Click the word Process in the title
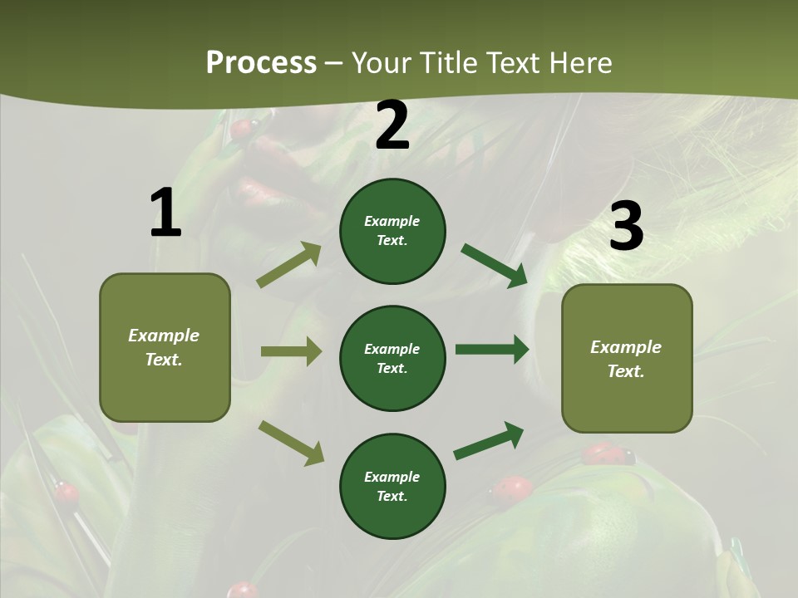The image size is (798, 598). [x=261, y=62]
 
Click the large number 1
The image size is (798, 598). [x=165, y=213]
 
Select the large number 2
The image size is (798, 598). [x=392, y=126]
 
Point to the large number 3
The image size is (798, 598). [x=626, y=227]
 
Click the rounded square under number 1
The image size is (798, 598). [x=165, y=347]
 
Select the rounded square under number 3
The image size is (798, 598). [x=627, y=359]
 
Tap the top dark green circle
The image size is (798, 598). [x=392, y=231]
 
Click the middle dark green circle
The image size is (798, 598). [x=392, y=359]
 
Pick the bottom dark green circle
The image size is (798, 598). [x=392, y=487]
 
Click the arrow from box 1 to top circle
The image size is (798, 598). [x=289, y=265]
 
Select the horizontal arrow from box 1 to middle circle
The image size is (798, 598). [x=291, y=351]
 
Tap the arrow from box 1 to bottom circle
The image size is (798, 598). [x=291, y=443]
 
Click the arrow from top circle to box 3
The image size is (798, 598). [x=495, y=266]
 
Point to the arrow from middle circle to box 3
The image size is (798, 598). [x=492, y=349]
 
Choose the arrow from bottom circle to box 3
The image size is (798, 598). [x=489, y=440]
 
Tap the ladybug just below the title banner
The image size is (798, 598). [x=242, y=129]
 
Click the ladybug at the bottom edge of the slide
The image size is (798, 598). [x=243, y=590]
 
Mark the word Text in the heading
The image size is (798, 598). [x=515, y=62]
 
